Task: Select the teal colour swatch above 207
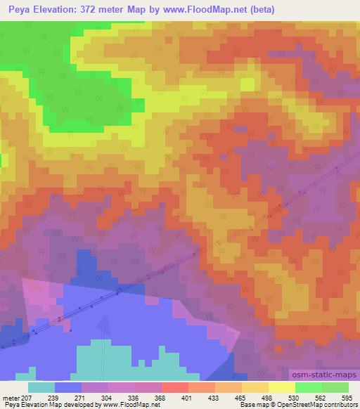click(x=41, y=387)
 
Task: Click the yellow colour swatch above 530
click(x=282, y=387)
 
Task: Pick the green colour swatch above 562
click(x=309, y=387)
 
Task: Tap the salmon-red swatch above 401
click(x=175, y=387)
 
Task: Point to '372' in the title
click(x=98, y=10)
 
